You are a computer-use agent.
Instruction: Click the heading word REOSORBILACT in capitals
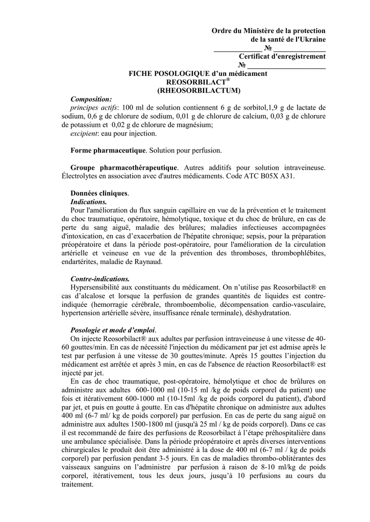196,82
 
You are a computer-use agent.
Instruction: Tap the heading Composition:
91,99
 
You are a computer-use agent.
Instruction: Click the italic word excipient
83,134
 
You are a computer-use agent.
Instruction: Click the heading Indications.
88,202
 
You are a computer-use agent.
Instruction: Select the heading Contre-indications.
100,279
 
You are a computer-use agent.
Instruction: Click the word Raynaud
146,262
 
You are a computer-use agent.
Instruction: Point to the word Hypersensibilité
98,288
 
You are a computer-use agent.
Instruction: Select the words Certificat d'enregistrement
282,57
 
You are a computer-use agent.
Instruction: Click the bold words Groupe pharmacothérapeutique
124,167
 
